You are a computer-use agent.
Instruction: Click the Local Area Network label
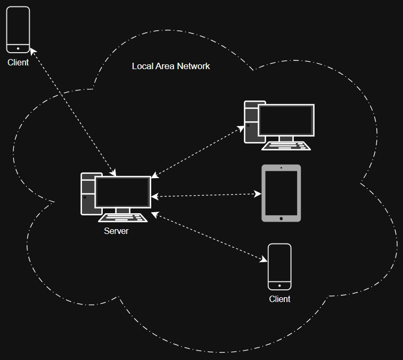point(171,66)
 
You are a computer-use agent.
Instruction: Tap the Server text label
point(116,231)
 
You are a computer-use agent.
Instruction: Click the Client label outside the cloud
point(18,62)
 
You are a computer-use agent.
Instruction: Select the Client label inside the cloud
point(279,299)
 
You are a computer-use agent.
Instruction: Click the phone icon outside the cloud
point(18,30)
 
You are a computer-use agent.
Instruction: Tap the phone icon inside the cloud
point(279,266)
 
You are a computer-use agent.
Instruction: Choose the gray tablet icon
point(281,193)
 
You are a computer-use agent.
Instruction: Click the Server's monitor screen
point(122,192)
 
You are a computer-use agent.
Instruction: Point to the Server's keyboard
point(123,217)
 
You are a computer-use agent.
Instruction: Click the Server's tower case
point(87,194)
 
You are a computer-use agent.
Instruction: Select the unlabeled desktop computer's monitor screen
point(286,120)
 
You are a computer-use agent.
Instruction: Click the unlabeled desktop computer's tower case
point(250,122)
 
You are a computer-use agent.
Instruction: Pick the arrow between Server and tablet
point(207,195)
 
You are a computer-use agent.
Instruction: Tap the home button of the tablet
point(281,217)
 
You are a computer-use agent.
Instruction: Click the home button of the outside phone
point(18,48)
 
